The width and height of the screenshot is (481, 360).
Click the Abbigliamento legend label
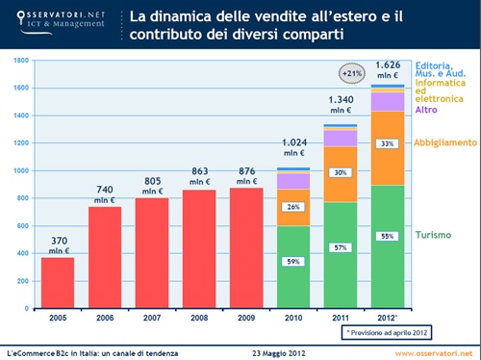444,142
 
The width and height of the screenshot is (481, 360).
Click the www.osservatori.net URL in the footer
433,350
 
